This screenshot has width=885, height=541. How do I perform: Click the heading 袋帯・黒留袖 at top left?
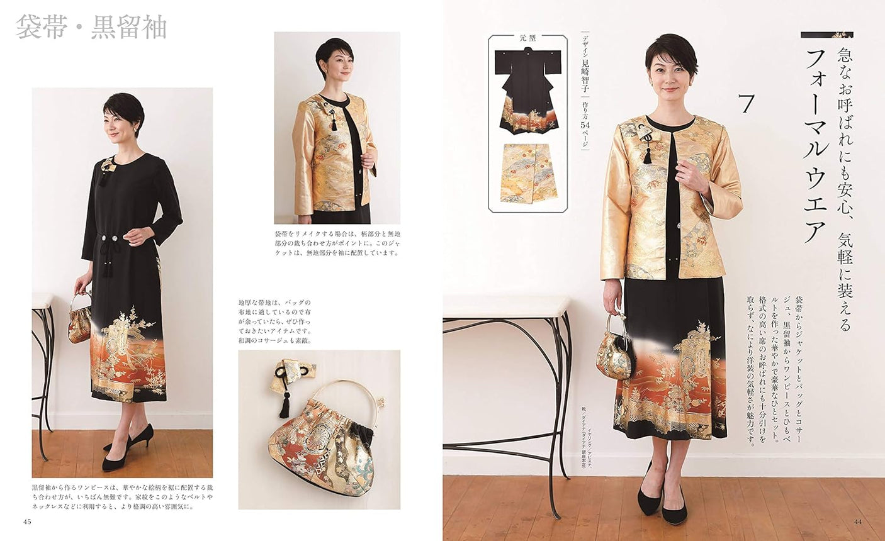point(91,28)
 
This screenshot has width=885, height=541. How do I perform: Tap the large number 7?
point(747,103)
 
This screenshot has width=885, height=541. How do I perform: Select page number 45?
point(27,521)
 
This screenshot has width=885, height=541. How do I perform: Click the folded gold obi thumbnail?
point(528,173)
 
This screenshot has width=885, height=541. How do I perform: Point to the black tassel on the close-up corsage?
point(285,405)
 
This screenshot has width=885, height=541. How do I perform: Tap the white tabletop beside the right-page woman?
point(507,307)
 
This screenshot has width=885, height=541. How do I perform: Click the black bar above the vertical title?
point(826,35)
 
